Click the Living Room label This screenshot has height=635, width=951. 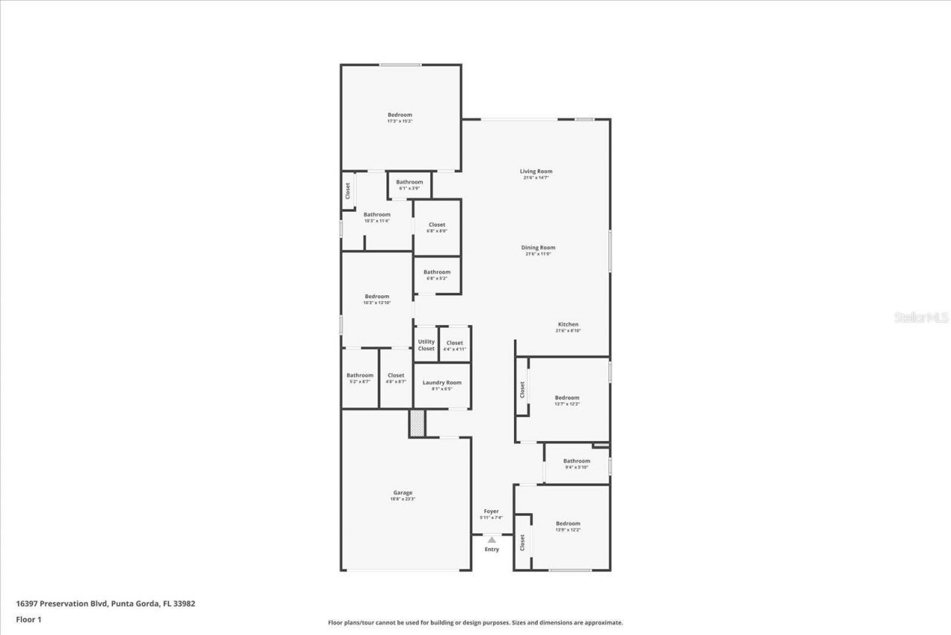click(536, 172)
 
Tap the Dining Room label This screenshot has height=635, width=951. click(538, 248)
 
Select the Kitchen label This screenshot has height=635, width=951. click(568, 324)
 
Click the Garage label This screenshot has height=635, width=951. click(403, 492)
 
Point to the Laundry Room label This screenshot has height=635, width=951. click(442, 382)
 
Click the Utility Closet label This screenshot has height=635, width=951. click(426, 345)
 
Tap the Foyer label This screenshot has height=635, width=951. click(491, 512)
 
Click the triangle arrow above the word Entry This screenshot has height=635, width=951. click(491, 540)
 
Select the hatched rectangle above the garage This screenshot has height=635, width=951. click(417, 423)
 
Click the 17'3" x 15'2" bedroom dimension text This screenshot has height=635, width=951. click(400, 121)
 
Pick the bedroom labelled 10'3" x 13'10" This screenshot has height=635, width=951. click(377, 299)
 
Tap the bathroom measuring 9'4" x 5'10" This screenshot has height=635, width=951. click(577, 464)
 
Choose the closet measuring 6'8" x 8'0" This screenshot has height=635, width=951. click(437, 228)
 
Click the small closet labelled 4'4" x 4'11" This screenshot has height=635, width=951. click(455, 346)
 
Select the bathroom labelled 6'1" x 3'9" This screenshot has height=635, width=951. click(409, 185)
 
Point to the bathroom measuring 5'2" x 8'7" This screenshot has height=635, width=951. click(360, 378)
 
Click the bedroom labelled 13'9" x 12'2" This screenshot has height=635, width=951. click(568, 526)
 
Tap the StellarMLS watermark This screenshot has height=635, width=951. click(921, 317)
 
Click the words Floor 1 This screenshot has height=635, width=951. click(28, 619)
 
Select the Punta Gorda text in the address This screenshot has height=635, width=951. click(134, 604)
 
